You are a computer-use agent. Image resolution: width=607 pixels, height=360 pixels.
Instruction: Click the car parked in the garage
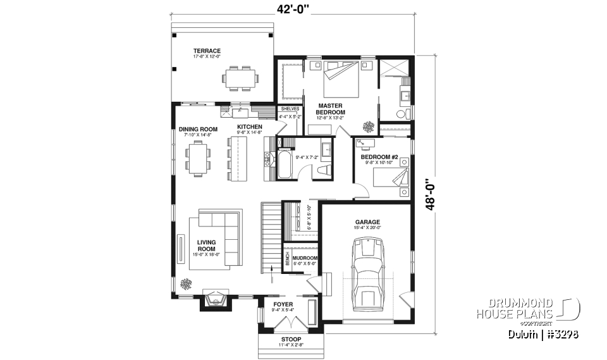click(367, 273)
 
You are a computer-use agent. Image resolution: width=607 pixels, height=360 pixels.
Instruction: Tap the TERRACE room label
click(207, 51)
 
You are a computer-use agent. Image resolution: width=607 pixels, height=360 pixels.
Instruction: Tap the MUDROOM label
click(305, 259)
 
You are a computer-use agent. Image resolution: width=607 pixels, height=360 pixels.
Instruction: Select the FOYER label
click(283, 304)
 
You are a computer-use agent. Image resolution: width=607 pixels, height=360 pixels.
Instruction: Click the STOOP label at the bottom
click(291, 339)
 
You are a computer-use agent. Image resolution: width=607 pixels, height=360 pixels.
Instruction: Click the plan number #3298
click(559, 334)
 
